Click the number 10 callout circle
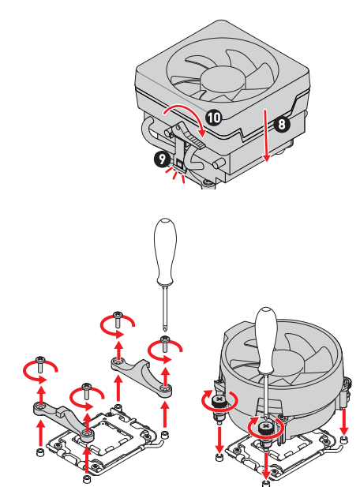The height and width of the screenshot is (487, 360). tap(214, 118)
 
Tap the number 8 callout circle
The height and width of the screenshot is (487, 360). tap(282, 124)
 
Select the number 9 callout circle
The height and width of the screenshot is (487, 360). tap(162, 159)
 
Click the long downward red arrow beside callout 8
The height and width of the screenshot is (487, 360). tap(266, 136)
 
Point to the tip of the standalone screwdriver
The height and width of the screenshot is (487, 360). tap(165, 331)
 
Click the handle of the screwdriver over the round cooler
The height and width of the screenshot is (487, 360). tap(267, 340)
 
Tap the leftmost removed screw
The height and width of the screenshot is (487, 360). tap(40, 365)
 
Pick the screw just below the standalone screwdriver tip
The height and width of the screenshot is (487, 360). tap(165, 344)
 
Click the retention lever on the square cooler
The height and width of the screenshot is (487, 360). tap(186, 134)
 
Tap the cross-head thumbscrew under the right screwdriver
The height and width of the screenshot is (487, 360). tap(266, 427)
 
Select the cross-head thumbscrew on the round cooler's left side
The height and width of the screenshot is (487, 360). tap(219, 400)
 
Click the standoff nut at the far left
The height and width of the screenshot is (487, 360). tap(40, 452)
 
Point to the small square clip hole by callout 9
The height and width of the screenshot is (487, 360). tap(179, 163)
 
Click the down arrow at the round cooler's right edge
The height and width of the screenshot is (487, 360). tap(344, 422)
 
